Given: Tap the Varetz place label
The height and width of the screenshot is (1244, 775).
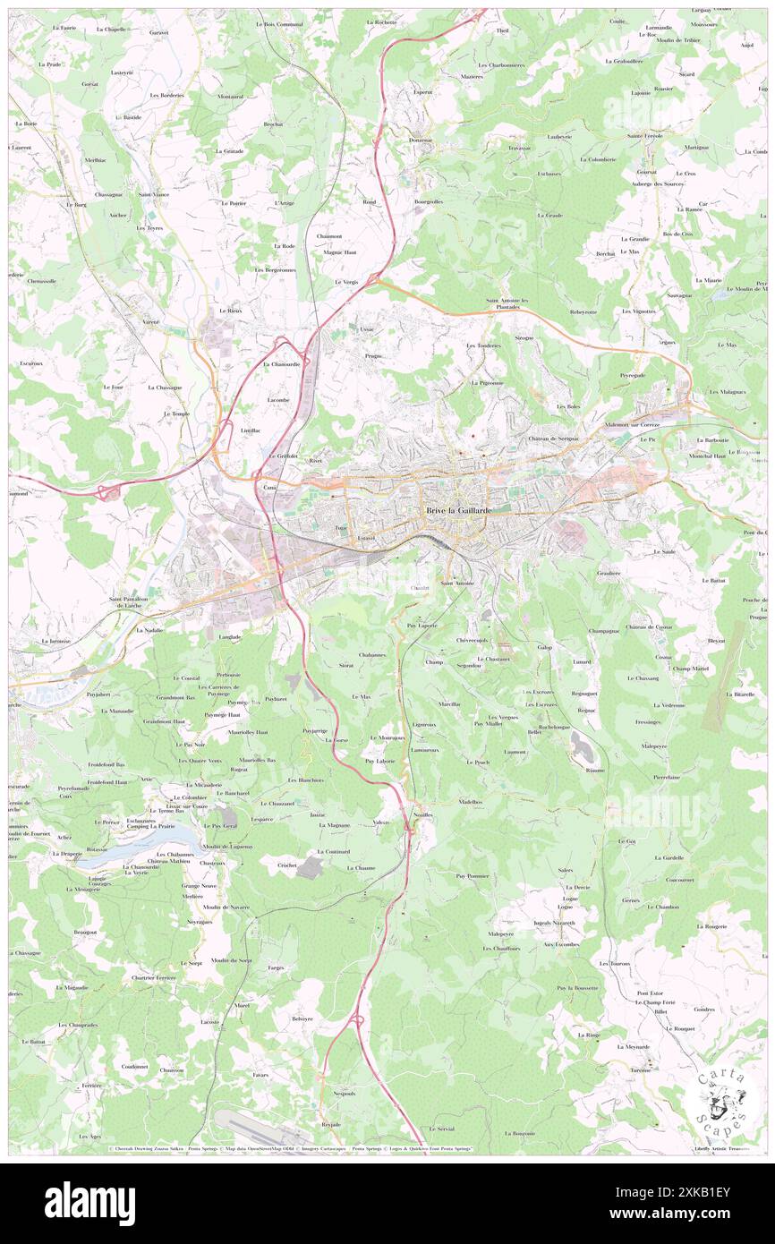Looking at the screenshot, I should click(149, 320).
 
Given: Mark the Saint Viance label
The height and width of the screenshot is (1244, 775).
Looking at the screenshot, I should click(154, 194).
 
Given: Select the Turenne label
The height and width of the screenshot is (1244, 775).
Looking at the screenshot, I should click(638, 1070).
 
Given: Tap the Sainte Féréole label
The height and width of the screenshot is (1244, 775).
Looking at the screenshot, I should click(644, 136).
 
